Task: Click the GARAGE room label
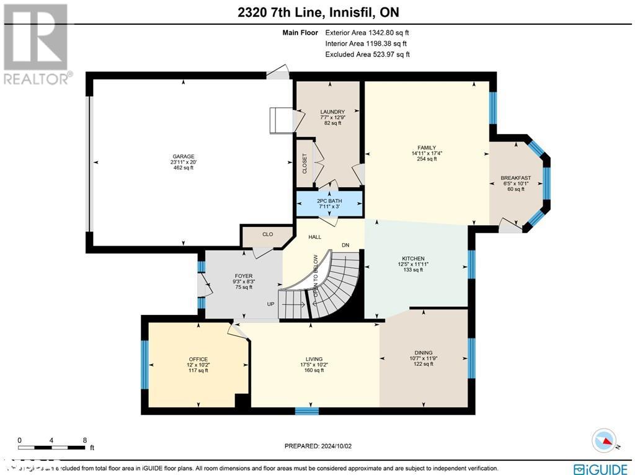[184, 156]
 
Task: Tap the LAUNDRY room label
[328, 112]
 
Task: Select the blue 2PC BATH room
[329, 202]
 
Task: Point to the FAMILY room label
[427, 148]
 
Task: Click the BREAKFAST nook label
[515, 178]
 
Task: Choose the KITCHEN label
[412, 259]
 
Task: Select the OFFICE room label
[198, 359]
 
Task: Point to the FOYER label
[243, 276]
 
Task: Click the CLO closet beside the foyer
[267, 234]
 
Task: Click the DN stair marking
[345, 245]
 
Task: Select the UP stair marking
[270, 304]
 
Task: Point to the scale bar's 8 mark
[84, 440]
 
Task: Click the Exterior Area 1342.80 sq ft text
[367, 32]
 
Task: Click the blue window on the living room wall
[306, 410]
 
